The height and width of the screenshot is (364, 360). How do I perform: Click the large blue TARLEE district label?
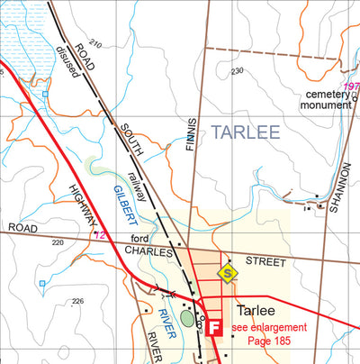click(245, 132)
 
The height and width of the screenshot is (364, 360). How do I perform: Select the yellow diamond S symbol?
click(229, 271)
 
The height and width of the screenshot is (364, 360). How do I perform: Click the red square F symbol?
click(214, 329)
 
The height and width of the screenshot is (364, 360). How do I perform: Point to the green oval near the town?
click(187, 317)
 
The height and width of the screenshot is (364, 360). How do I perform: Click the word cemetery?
click(326, 94)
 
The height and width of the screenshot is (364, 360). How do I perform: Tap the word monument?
click(326, 105)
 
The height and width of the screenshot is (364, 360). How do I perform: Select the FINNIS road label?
click(192, 143)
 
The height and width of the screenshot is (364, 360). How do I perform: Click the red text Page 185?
click(270, 341)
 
